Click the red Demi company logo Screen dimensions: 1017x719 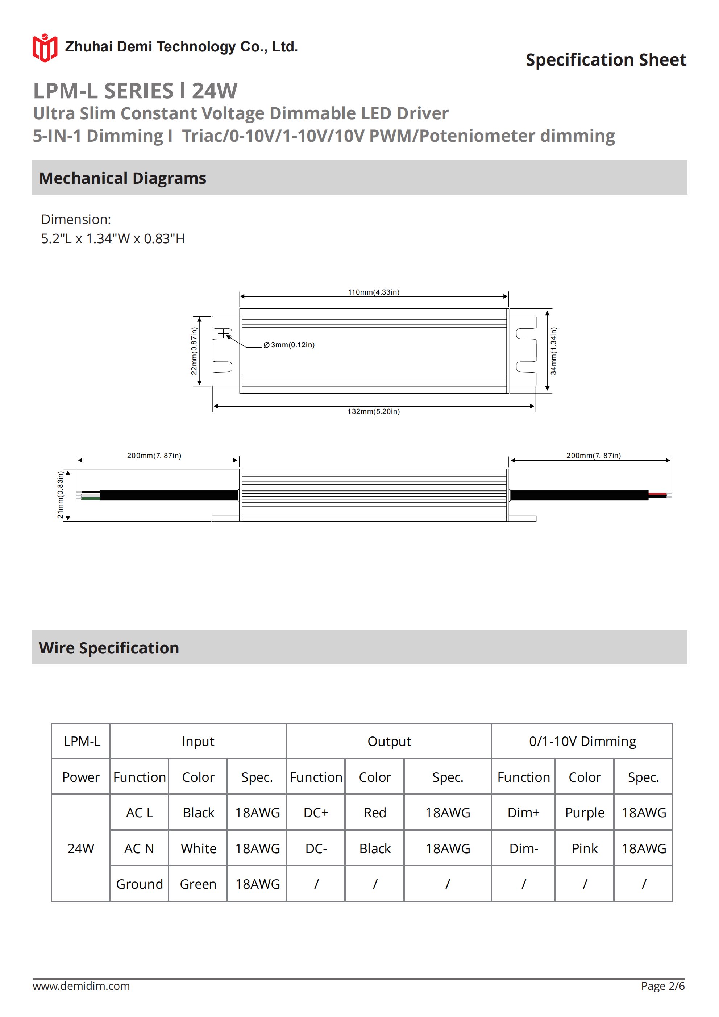click(45, 48)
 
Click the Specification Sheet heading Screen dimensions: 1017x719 click(606, 60)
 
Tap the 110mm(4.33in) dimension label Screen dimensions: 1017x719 click(374, 292)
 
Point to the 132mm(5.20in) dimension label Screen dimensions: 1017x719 click(374, 411)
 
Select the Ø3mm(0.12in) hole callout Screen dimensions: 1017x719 click(289, 345)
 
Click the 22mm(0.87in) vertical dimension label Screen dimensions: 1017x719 click(194, 351)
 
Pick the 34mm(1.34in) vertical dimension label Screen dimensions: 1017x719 click(553, 351)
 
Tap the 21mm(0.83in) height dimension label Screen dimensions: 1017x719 click(60, 494)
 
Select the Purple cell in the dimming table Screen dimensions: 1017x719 click(584, 813)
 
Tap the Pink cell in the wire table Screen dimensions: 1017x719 click(584, 849)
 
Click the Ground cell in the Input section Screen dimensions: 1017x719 click(140, 884)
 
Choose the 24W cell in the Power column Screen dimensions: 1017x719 click(80, 849)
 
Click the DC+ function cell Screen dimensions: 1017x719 click(316, 813)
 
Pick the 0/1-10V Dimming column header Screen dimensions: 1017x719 click(582, 742)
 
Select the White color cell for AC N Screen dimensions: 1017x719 click(199, 849)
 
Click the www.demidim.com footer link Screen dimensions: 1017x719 click(81, 986)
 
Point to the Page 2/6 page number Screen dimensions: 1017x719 click(662, 986)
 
